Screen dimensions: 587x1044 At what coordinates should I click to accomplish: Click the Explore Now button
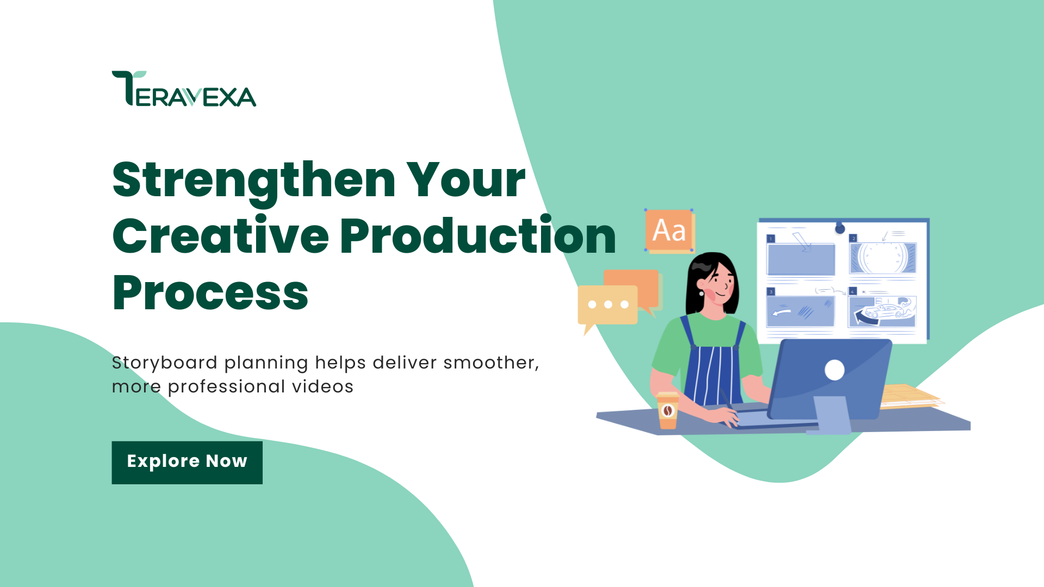click(187, 462)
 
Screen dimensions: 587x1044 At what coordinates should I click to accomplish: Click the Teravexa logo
click(184, 89)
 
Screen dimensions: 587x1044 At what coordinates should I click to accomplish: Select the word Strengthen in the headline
click(253, 180)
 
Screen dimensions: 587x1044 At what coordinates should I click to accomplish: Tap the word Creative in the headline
click(220, 236)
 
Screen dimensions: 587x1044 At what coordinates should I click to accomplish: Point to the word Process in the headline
click(210, 293)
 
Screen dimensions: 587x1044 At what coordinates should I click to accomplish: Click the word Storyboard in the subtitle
click(164, 363)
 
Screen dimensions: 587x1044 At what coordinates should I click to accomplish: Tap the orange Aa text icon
click(669, 230)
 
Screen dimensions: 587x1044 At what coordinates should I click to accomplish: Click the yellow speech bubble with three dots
click(607, 305)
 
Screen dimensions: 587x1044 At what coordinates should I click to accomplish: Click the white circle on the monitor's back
click(834, 370)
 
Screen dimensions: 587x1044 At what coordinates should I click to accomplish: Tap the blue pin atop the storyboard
click(840, 228)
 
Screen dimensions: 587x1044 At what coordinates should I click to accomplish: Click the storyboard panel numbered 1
click(800, 259)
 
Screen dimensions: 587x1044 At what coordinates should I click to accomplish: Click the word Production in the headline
click(478, 236)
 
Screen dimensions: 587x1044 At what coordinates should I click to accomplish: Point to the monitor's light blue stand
click(832, 415)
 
